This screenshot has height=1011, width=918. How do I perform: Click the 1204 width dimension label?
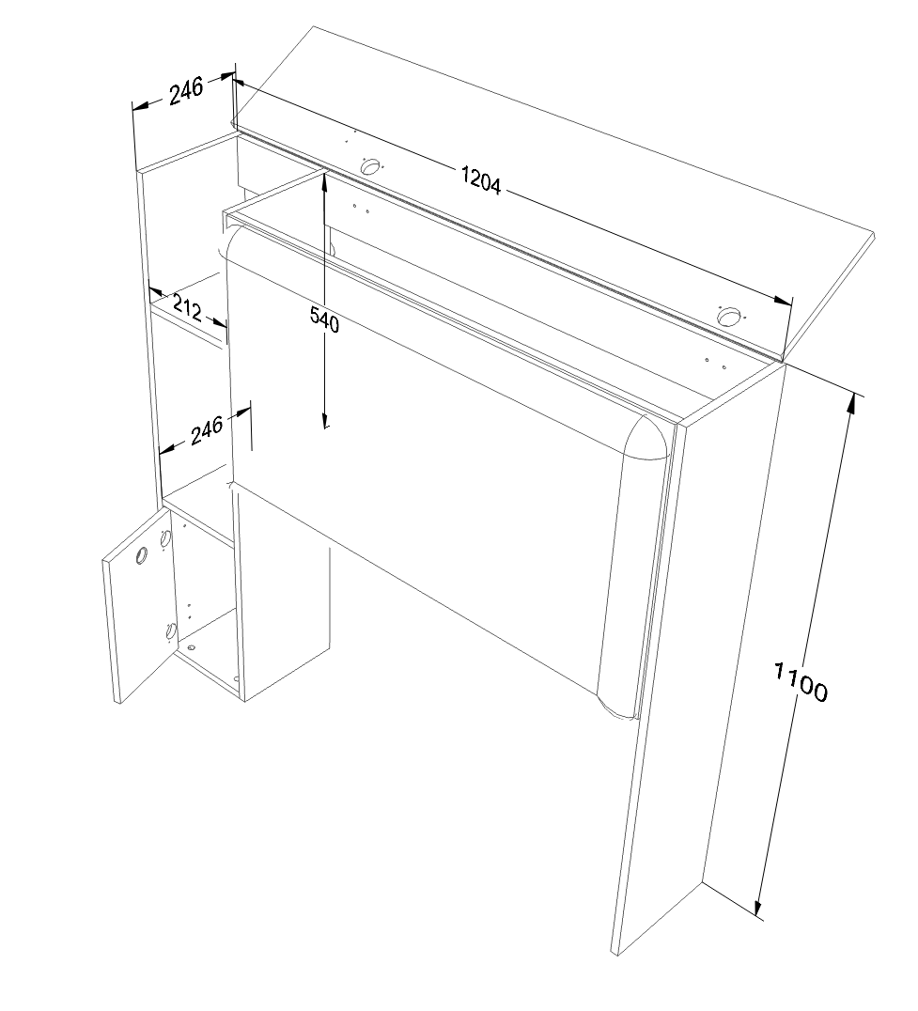click(x=481, y=179)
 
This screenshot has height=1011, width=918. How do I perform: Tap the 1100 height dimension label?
click(x=800, y=681)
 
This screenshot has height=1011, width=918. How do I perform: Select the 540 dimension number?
click(x=324, y=319)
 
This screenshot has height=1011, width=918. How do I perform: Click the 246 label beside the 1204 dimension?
click(x=186, y=90)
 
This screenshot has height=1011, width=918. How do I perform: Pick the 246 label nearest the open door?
click(x=207, y=429)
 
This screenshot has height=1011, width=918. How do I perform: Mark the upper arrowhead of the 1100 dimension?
click(x=853, y=402)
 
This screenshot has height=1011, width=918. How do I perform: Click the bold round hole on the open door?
click(x=141, y=554)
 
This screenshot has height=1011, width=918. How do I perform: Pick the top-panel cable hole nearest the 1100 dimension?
click(x=728, y=317)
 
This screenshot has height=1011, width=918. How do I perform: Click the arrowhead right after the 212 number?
click(x=218, y=321)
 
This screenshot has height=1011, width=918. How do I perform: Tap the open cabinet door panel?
click(x=139, y=605)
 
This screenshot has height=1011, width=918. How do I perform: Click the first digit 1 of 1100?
click(x=779, y=671)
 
